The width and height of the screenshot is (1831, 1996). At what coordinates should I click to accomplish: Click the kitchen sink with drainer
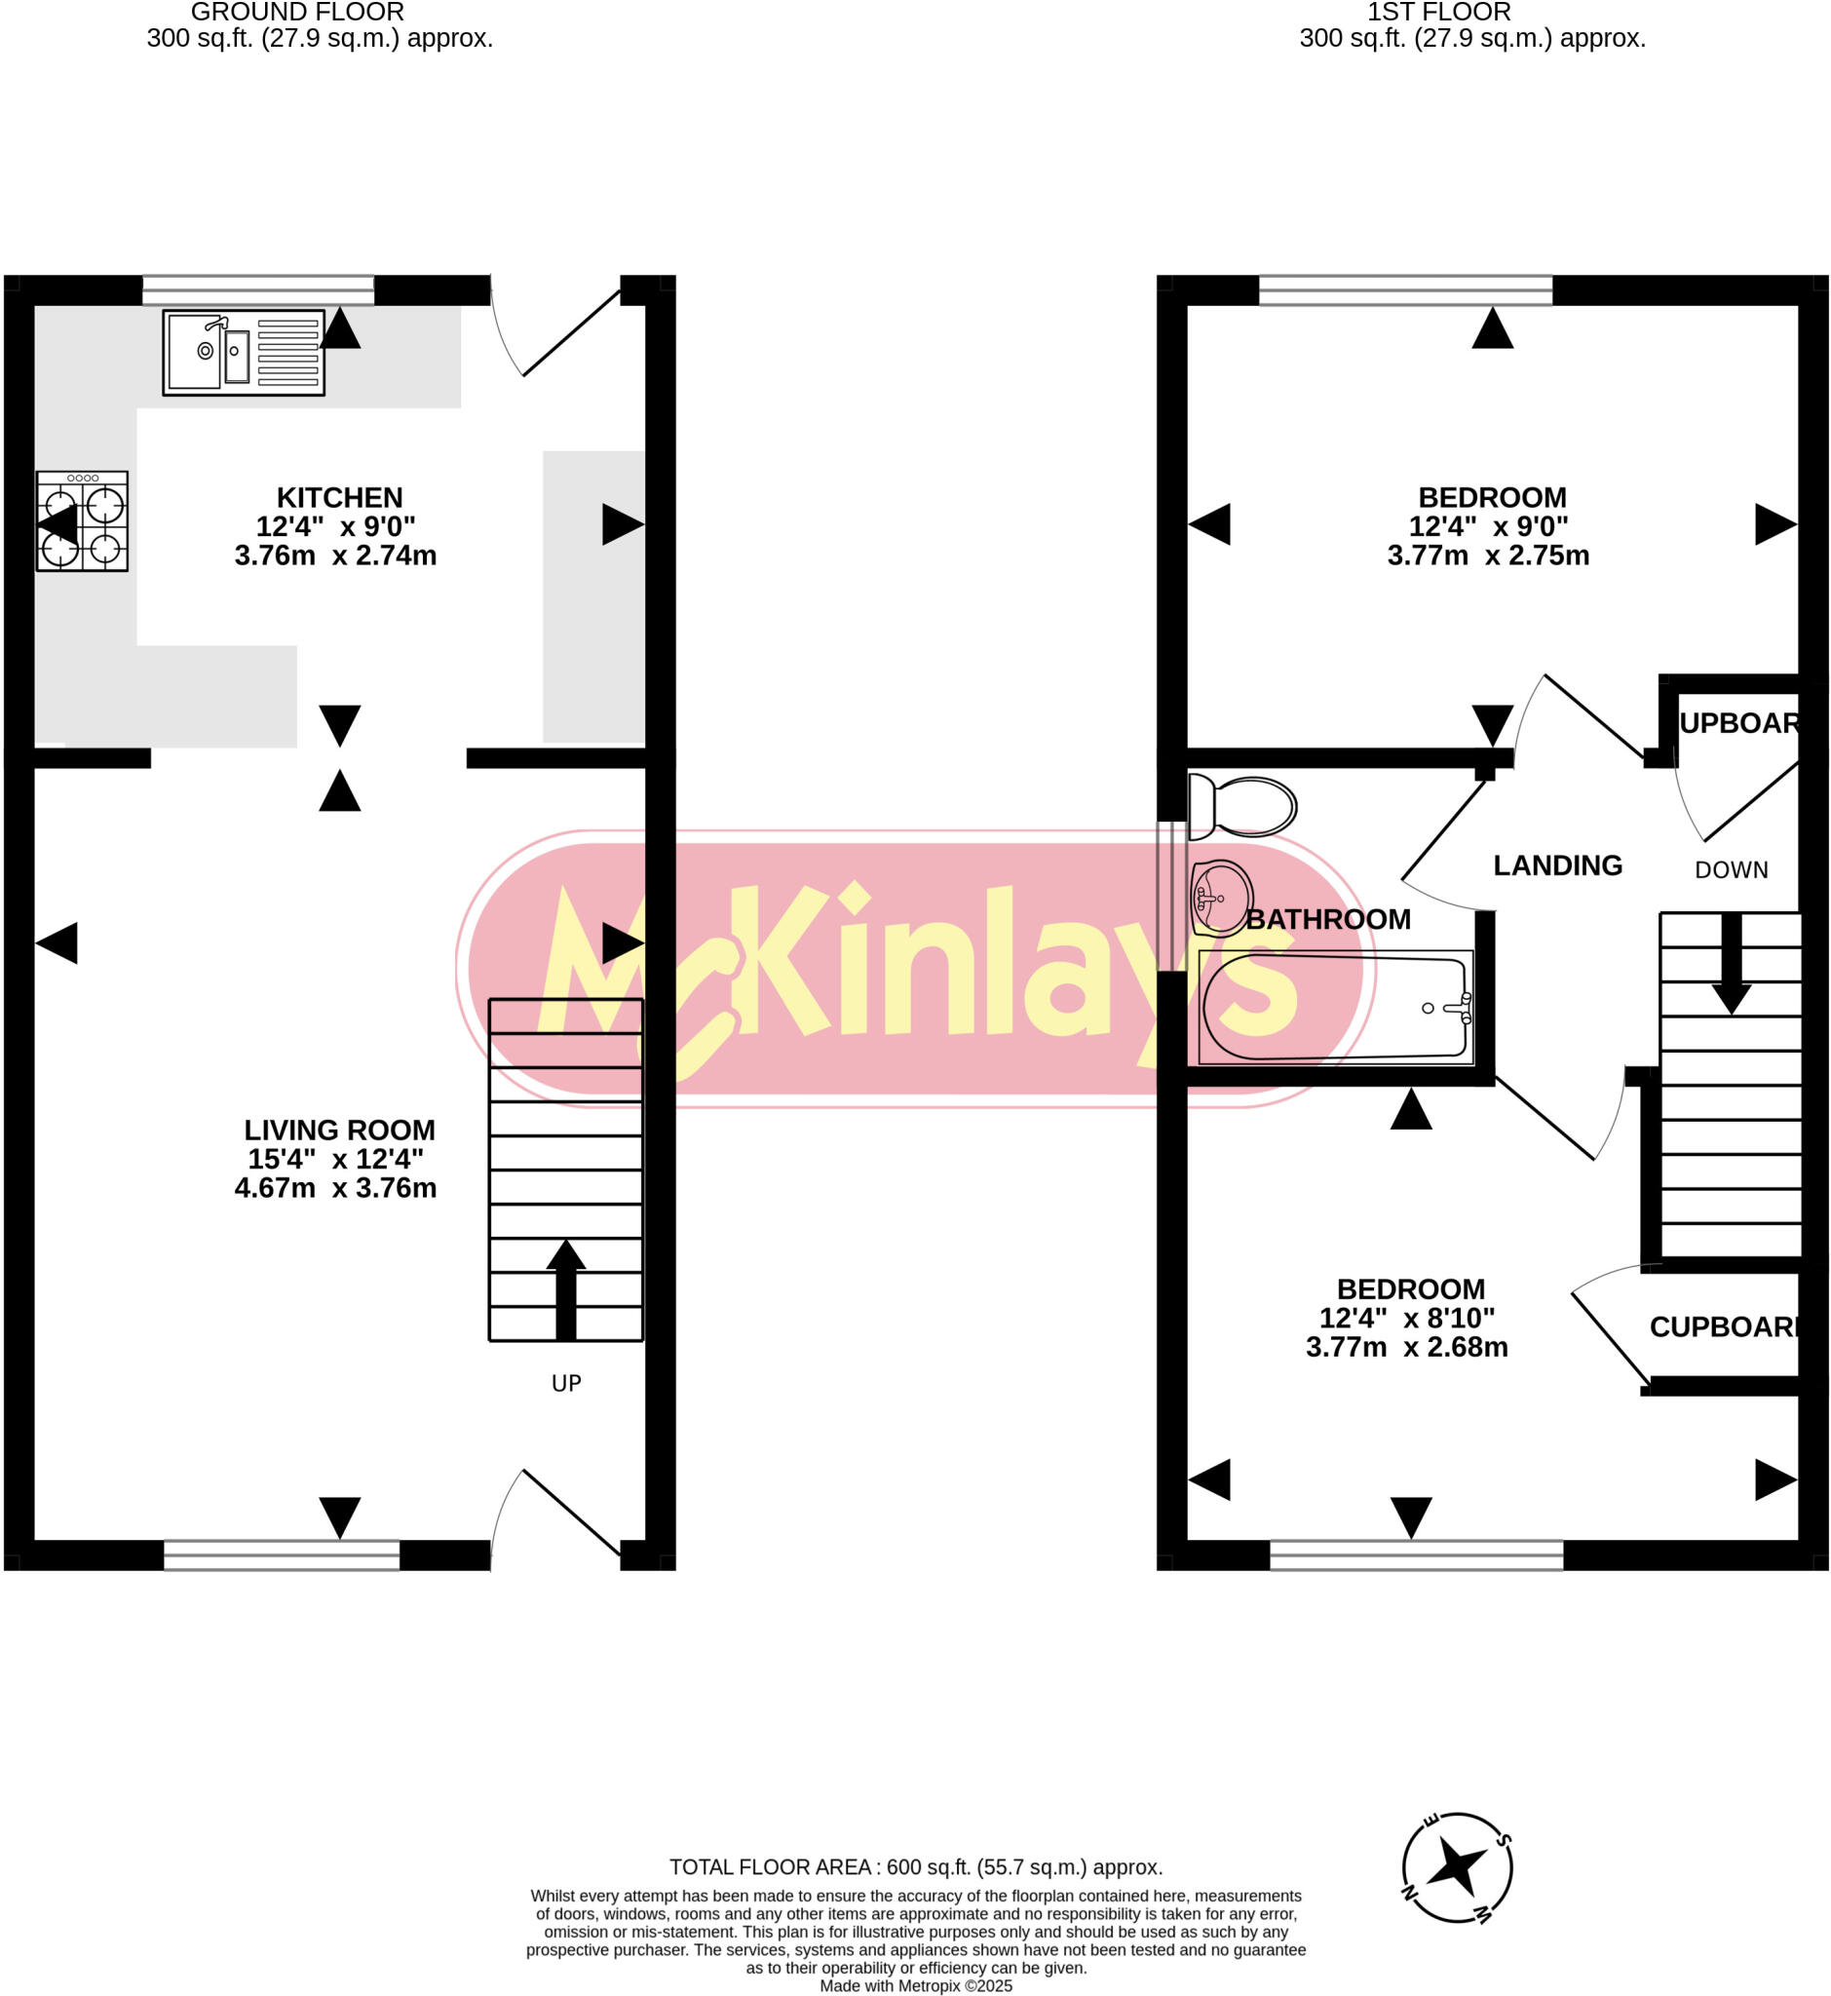pyautogui.click(x=244, y=352)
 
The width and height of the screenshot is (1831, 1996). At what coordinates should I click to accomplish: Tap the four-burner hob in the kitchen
pyautogui.click(x=82, y=521)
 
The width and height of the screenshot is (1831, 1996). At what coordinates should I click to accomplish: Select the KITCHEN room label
pyautogui.click(x=339, y=497)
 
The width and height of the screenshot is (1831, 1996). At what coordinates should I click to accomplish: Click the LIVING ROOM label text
pyautogui.click(x=339, y=1130)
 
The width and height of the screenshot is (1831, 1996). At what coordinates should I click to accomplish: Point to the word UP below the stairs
pyautogui.click(x=566, y=1384)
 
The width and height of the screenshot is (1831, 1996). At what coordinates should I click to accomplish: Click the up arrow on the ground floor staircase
pyautogui.click(x=566, y=1288)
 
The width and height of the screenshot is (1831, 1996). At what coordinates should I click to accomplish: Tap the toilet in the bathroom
pyautogui.click(x=1244, y=806)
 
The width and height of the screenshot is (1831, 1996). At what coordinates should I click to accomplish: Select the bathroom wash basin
pyautogui.click(x=1222, y=898)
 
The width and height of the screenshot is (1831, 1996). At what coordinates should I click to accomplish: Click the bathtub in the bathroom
pyautogui.click(x=1335, y=1007)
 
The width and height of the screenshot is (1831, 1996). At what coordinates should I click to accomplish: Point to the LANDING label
pyautogui.click(x=1557, y=865)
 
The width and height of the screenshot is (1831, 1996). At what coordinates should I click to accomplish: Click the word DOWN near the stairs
pyautogui.click(x=1731, y=870)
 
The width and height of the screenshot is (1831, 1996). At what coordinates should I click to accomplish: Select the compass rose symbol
pyautogui.click(x=1457, y=1868)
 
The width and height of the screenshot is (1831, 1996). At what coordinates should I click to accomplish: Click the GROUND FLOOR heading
pyautogui.click(x=297, y=13)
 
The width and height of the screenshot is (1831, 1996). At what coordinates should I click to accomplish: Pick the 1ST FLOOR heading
pyautogui.click(x=1438, y=13)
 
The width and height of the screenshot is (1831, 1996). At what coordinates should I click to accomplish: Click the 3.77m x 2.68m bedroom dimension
pyautogui.click(x=1407, y=1347)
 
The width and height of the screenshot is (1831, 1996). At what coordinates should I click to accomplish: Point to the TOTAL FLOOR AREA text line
pyautogui.click(x=916, y=1867)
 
